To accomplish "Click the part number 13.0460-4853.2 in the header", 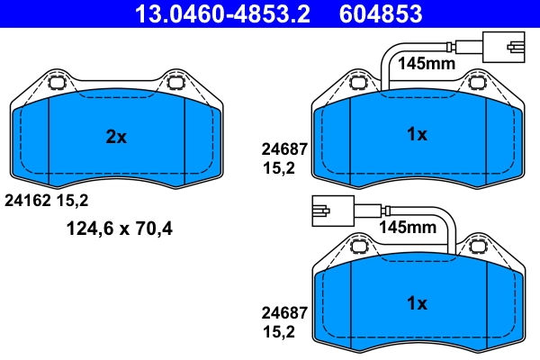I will point(228,14).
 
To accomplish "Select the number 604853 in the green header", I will point(381,14).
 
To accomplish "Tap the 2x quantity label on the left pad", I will point(116,137).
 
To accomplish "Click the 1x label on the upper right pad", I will point(416,135).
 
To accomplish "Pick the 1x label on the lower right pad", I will point(416,303).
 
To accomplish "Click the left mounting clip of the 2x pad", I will point(56,84).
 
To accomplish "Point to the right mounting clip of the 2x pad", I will point(175,84).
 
